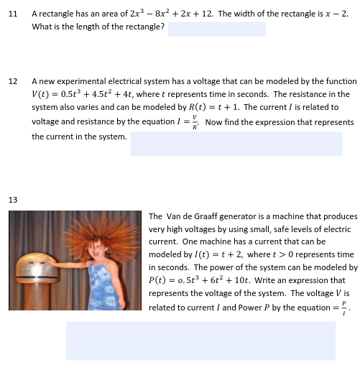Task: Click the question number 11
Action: pos(12,14)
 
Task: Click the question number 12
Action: pos(12,81)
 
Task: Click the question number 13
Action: pos(12,199)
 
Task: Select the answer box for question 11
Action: pos(216,29)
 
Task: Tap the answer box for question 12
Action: pos(236,142)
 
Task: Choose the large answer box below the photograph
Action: pos(200,340)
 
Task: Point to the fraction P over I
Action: pos(344,307)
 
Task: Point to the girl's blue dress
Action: pos(101,287)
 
